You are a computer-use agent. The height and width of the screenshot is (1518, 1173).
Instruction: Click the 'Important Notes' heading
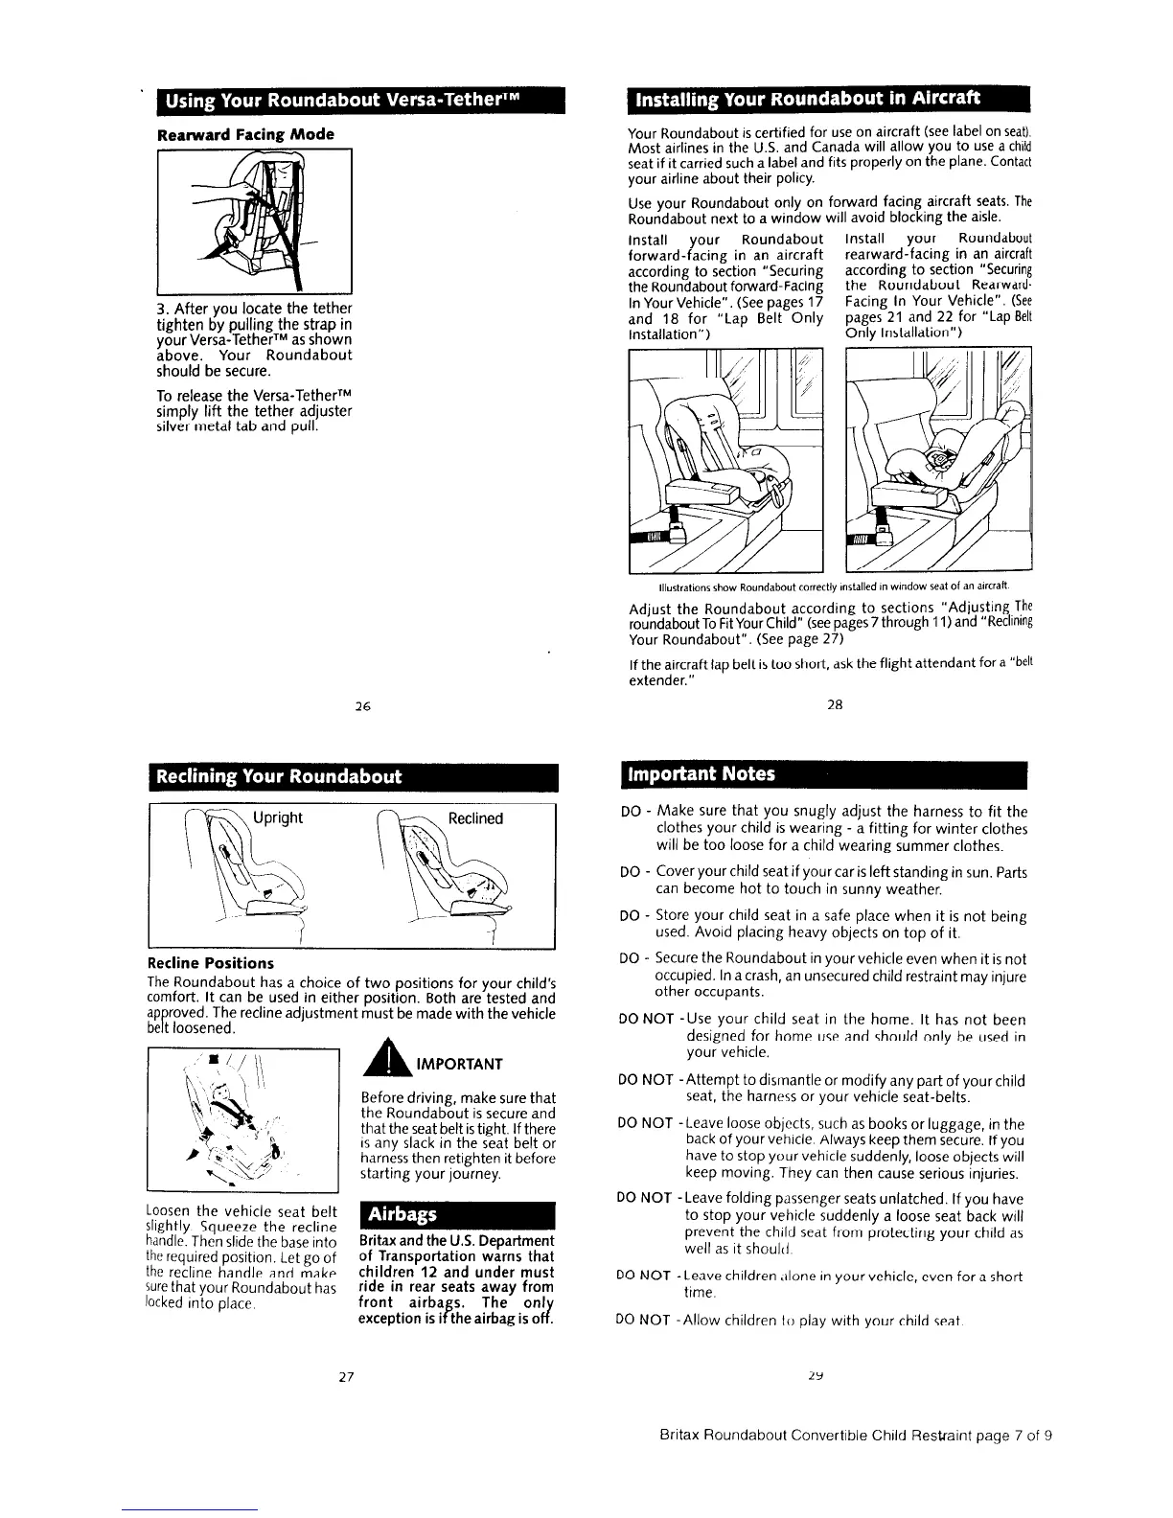click(x=701, y=773)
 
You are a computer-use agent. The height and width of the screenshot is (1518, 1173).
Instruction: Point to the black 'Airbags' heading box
click(x=398, y=1214)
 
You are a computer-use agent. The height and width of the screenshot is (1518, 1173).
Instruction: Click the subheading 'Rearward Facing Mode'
click(x=244, y=134)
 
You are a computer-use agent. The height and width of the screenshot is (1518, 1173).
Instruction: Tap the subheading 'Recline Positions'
click(x=210, y=962)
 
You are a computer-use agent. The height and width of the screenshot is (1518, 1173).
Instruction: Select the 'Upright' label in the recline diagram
click(x=278, y=817)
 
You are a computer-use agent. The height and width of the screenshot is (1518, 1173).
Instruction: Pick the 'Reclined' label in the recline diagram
click(x=475, y=817)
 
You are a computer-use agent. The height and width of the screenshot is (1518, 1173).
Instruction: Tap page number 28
click(x=834, y=704)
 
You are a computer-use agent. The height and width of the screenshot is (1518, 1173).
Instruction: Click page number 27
click(x=348, y=1377)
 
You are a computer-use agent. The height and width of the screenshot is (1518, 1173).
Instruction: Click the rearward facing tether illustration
click(x=254, y=220)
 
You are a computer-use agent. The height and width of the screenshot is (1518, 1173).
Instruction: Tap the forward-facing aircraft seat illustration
click(x=725, y=460)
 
